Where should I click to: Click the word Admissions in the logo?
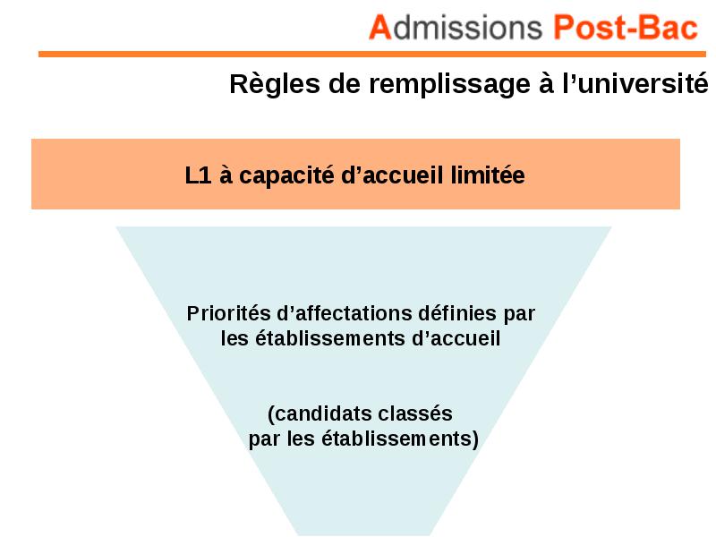pos(456,28)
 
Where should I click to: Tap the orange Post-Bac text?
pos(626,28)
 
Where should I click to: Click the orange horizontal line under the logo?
pos(372,54)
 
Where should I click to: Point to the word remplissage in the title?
pos(450,85)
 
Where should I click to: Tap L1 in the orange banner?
pos(198,175)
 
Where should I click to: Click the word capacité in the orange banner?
pos(286,175)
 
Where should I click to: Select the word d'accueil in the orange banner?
pos(392,175)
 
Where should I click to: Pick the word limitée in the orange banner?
pos(488,175)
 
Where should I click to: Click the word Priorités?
pos(229,313)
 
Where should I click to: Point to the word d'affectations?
pos(345,313)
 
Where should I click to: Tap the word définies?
pos(457,313)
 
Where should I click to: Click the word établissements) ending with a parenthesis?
pos(400,439)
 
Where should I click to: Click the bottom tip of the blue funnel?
pos(365,535)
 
